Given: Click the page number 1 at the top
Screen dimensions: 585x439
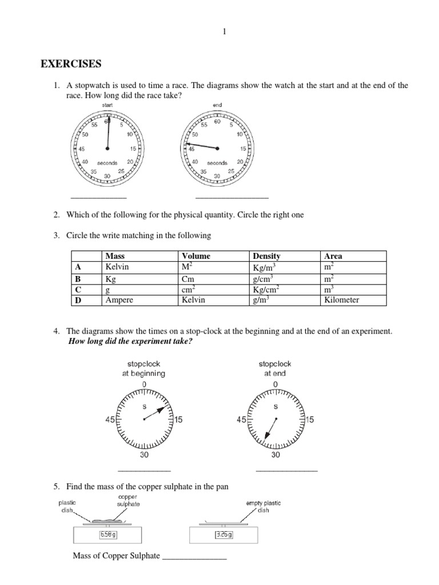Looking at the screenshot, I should click(x=225, y=31).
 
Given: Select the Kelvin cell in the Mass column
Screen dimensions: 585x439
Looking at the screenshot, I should click(x=118, y=267).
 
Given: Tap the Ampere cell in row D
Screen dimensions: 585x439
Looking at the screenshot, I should click(x=121, y=300).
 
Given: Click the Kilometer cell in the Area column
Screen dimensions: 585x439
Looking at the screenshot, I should click(x=341, y=300).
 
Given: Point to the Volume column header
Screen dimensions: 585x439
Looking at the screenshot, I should click(x=195, y=257).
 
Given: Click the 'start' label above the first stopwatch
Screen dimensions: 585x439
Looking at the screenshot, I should click(x=107, y=105).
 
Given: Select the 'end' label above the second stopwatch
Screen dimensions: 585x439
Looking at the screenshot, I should click(x=217, y=105).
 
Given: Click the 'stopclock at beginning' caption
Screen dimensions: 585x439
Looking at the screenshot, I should click(x=143, y=368).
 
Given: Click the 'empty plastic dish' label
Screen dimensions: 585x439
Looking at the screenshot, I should click(x=263, y=506).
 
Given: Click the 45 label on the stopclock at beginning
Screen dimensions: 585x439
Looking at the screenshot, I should click(x=111, y=420).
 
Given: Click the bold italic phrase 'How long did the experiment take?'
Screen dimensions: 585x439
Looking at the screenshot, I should click(x=130, y=341).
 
